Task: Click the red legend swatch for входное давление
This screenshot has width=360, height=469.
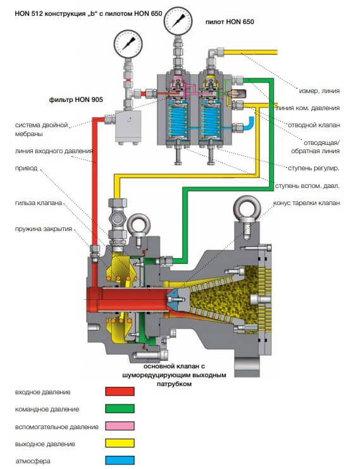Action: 120,391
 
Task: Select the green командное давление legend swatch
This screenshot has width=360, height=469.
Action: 120,409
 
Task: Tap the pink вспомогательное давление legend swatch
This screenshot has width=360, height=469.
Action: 120,426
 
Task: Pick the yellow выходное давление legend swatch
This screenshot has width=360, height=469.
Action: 120,443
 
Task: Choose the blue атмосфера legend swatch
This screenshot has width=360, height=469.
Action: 120,460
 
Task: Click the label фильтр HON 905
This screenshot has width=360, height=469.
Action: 76,99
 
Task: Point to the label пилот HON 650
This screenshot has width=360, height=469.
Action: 230,22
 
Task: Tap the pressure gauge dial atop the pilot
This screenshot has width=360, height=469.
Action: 178,21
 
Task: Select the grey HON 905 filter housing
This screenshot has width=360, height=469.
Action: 128,127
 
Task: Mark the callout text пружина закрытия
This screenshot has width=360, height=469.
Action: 44,229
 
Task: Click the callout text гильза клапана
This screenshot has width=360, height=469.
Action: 39,203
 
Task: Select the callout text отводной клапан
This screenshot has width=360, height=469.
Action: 314,125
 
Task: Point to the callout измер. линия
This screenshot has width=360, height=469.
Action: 320,91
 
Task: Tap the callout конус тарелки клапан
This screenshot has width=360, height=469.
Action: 306,203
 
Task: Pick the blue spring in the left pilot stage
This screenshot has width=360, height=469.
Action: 178,119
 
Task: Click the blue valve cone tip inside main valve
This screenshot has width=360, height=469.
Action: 174,299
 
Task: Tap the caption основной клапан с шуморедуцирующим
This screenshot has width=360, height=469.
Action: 174,371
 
